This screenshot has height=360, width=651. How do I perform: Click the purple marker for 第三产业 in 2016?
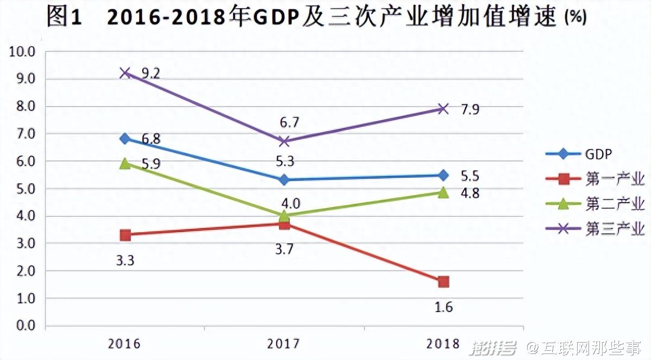click(x=126, y=72)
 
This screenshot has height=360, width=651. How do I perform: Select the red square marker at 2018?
click(x=443, y=282)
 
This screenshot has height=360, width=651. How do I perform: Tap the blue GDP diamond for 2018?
click(x=443, y=175)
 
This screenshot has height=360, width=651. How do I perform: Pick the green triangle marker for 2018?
click(x=443, y=193)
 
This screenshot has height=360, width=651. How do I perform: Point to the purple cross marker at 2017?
click(x=284, y=141)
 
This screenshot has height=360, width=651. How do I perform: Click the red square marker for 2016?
click(x=126, y=235)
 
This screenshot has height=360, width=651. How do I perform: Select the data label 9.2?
click(x=149, y=73)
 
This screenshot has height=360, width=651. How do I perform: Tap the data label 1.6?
click(x=443, y=307)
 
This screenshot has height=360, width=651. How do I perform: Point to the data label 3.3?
click(x=125, y=260)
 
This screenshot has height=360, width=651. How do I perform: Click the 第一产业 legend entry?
click(x=615, y=179)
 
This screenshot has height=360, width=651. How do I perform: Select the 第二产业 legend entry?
click(x=615, y=204)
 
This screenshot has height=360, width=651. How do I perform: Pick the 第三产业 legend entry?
click(x=615, y=229)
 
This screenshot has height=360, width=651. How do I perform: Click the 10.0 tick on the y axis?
click(x=22, y=52)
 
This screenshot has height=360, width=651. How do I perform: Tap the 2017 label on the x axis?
click(x=284, y=344)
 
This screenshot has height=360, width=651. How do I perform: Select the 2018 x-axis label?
click(x=443, y=344)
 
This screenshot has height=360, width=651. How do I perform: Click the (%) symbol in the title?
click(x=575, y=18)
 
